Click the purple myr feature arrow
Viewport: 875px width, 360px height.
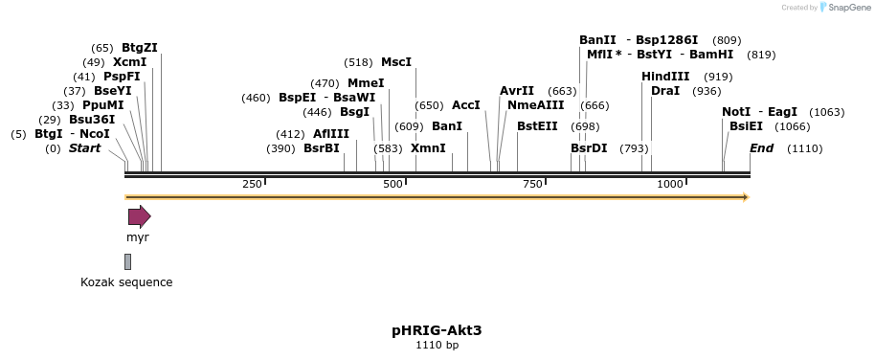point(139,216)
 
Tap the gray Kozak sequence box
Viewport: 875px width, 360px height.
point(127,261)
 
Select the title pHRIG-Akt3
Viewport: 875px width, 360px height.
point(437,330)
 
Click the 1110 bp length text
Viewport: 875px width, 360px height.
point(437,345)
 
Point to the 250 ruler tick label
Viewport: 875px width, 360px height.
point(252,184)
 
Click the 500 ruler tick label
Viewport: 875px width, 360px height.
point(393,184)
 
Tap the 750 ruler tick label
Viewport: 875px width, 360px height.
point(532,184)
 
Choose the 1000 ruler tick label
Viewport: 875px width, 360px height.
point(670,184)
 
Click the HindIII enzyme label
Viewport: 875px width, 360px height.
point(665,77)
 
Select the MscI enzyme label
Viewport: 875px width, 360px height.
point(396,62)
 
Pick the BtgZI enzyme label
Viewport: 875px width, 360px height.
point(140,48)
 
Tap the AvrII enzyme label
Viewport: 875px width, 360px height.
point(517,91)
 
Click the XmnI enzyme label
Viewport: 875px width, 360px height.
point(428,148)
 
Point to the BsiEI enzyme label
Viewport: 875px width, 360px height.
point(746,125)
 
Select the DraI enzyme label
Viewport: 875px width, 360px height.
point(665,91)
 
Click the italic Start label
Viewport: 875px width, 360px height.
point(84,148)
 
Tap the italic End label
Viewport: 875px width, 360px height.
point(761,148)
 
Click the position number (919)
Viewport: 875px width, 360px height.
point(718,77)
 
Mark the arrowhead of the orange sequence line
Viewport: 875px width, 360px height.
point(745,197)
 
